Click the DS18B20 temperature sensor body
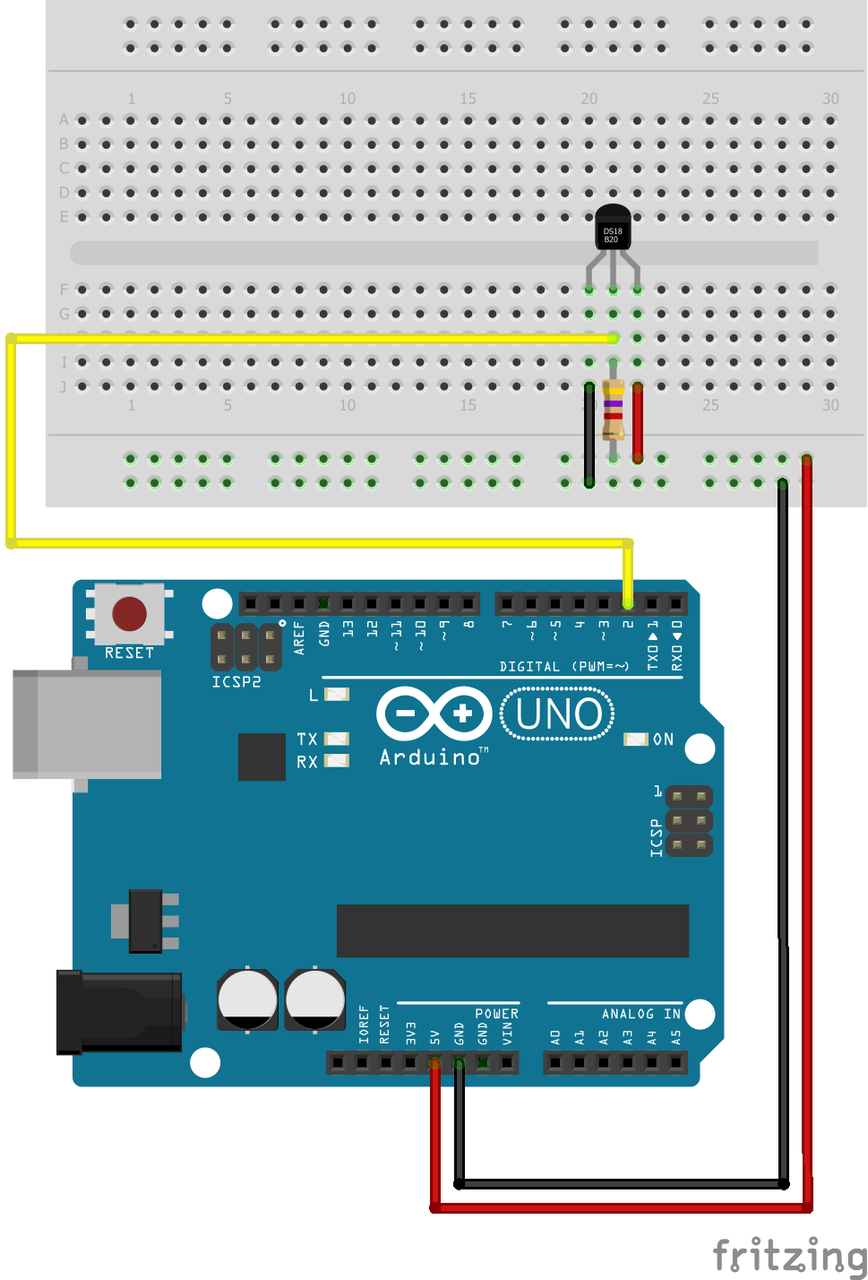(613, 228)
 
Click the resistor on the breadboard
(614, 410)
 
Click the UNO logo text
(558, 714)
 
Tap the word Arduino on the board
(430, 757)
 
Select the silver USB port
(87, 724)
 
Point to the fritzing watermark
(789, 1255)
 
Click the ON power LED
(635, 739)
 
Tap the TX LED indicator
(336, 739)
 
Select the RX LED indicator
(336, 761)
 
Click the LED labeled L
(336, 695)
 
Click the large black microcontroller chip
(512, 930)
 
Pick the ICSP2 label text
(236, 682)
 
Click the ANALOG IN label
(640, 1014)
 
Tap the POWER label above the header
(496, 1014)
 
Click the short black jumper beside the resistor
(589, 435)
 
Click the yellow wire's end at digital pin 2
(628, 601)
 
